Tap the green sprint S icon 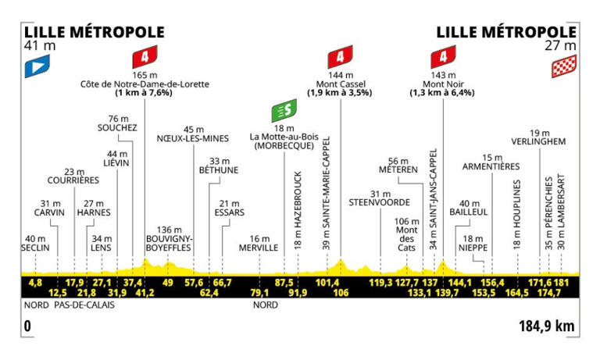pyautogui.click(x=282, y=112)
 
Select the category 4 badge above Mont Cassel pyautogui.click(x=340, y=59)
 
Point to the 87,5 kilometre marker pyautogui.click(x=284, y=282)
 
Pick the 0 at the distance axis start pyautogui.click(x=27, y=324)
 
